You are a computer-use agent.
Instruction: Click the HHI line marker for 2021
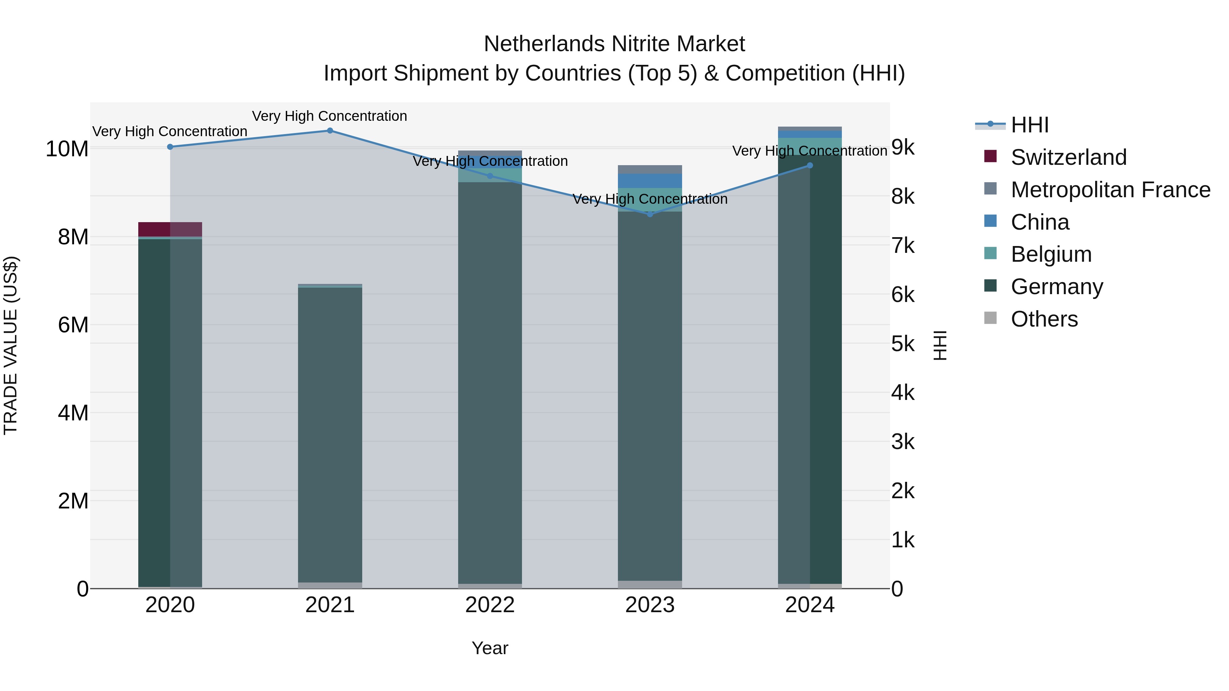[330, 131]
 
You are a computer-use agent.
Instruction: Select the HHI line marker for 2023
[650, 214]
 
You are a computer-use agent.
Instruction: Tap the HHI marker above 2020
[170, 147]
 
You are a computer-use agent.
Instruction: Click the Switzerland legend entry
[1068, 157]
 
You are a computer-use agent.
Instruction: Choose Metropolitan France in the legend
[1110, 190]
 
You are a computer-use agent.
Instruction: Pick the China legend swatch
[990, 221]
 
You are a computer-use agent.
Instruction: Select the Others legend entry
[1044, 319]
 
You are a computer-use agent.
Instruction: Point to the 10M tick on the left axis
[67, 149]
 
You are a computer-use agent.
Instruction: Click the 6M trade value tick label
[73, 325]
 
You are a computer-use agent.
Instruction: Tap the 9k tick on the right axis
[903, 147]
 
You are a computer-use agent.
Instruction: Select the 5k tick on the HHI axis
[903, 344]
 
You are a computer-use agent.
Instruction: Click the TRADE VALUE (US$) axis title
[11, 345]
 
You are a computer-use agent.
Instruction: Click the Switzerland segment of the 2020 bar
[170, 229]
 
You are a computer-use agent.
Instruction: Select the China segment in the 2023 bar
[650, 181]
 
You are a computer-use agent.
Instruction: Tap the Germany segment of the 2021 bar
[330, 434]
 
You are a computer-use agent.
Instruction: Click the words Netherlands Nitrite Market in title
[614, 44]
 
